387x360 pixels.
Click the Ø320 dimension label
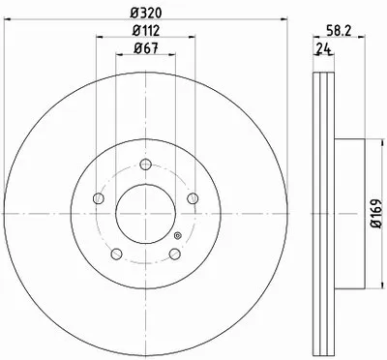click(145, 13)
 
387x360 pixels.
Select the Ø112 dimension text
click(146, 31)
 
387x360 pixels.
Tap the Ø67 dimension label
click(146, 48)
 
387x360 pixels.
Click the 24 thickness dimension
click(324, 48)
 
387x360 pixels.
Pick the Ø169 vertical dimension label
click(375, 214)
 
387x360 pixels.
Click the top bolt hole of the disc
click(146, 165)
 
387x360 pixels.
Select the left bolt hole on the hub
click(99, 198)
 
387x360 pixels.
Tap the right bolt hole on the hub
click(193, 198)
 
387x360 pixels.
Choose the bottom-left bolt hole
click(116, 254)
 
